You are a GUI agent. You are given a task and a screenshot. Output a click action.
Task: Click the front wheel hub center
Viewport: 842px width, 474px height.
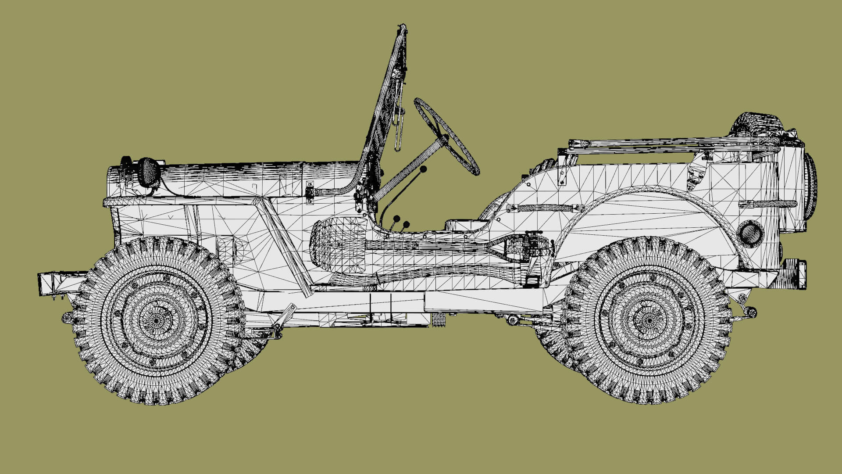point(155,320)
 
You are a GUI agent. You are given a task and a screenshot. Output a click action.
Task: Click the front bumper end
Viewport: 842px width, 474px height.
point(44,283)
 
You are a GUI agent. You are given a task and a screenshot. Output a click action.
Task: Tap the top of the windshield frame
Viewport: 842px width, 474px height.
point(402,29)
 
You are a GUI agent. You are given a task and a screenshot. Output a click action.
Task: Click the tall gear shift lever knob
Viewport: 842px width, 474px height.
point(423,169)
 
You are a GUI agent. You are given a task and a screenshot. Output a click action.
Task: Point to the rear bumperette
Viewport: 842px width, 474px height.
point(796,274)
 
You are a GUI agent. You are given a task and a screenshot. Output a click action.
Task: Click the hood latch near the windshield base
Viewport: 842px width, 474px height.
point(310,192)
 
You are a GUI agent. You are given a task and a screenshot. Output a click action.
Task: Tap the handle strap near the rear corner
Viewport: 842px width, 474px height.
point(767,204)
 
